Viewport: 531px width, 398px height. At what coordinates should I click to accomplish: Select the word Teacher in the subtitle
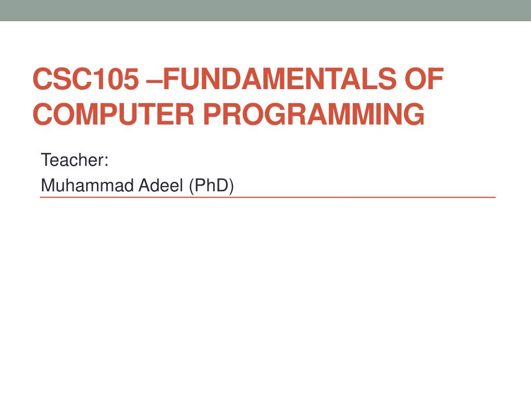(72, 160)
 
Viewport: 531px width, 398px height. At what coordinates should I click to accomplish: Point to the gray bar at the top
(265, 10)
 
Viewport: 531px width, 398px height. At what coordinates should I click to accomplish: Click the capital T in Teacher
(46, 160)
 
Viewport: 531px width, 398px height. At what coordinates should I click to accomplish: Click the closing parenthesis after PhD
(231, 186)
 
